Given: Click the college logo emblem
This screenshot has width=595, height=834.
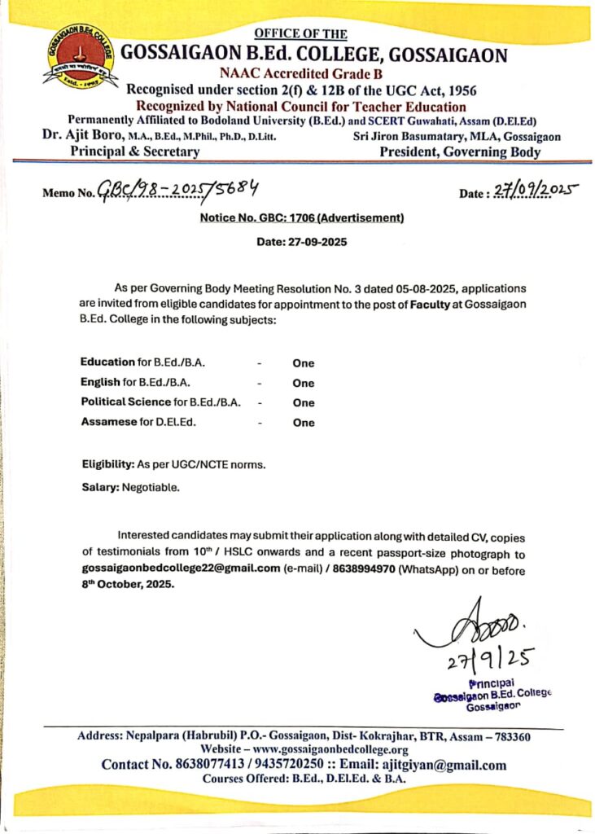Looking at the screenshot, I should click(80, 57).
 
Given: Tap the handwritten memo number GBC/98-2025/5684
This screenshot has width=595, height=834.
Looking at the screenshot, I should click(178, 191).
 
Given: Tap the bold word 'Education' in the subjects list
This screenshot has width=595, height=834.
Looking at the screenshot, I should click(107, 362).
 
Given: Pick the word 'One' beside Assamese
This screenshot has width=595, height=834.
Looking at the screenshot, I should click(304, 423).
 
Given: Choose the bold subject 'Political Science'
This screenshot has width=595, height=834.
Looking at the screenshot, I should click(126, 402).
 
